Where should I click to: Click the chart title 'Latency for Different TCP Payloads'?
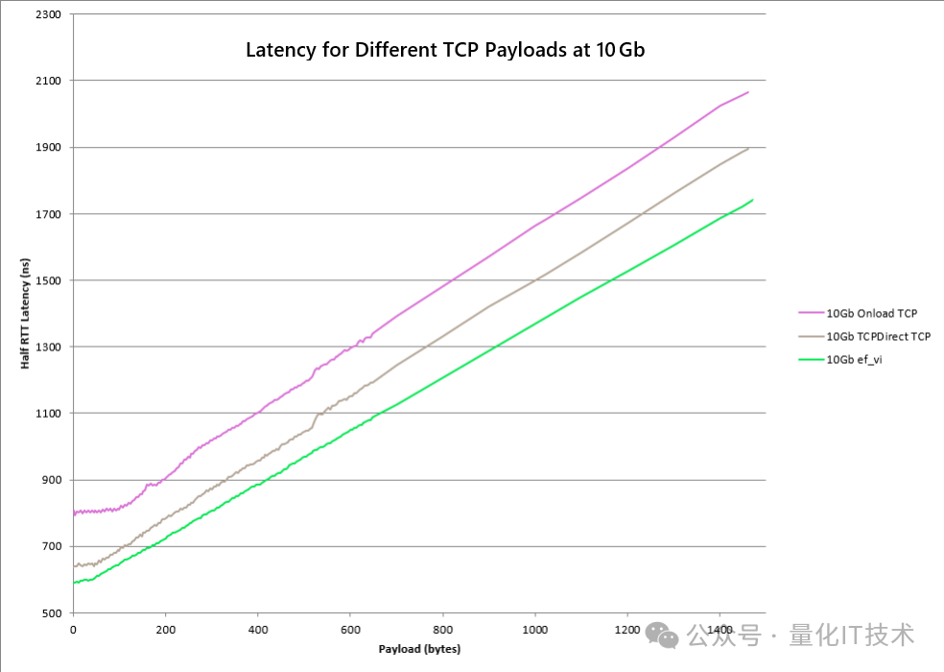point(445,50)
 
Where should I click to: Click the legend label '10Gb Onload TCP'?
point(871,313)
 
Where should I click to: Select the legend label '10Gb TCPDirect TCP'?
point(879,336)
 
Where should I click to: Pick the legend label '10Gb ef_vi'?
point(854,359)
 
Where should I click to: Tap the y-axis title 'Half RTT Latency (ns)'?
point(26,314)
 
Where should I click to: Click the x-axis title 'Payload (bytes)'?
point(419,649)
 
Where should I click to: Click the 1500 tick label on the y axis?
point(46,280)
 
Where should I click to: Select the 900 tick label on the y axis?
point(50,480)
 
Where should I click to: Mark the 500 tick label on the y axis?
point(50,612)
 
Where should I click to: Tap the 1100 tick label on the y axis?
point(46,414)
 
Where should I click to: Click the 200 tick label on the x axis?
point(165,630)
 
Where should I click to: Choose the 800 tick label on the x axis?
point(442,630)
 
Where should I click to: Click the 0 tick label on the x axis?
point(73,630)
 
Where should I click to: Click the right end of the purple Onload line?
point(747,92)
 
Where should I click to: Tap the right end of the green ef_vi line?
point(752,200)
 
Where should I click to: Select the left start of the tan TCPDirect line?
point(74,566)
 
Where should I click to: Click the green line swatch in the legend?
point(811,359)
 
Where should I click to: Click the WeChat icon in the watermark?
point(661,635)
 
